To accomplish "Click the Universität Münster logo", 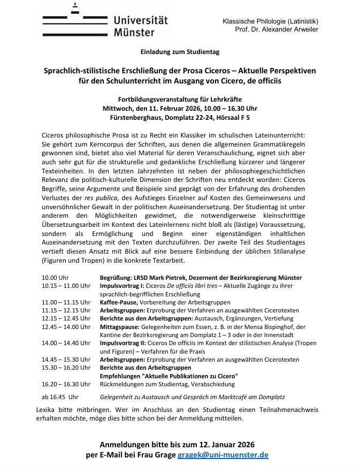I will (x=105, y=21).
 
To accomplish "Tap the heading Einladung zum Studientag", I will (x=180, y=52).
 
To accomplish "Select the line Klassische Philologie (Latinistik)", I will (x=270, y=21).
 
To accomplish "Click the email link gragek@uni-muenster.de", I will (x=223, y=455).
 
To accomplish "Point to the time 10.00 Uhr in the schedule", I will (x=56, y=278).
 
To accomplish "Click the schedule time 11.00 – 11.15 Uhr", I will (x=66, y=302).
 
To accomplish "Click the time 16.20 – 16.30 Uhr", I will (x=66, y=384).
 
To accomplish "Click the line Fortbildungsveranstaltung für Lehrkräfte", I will (x=180, y=99).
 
